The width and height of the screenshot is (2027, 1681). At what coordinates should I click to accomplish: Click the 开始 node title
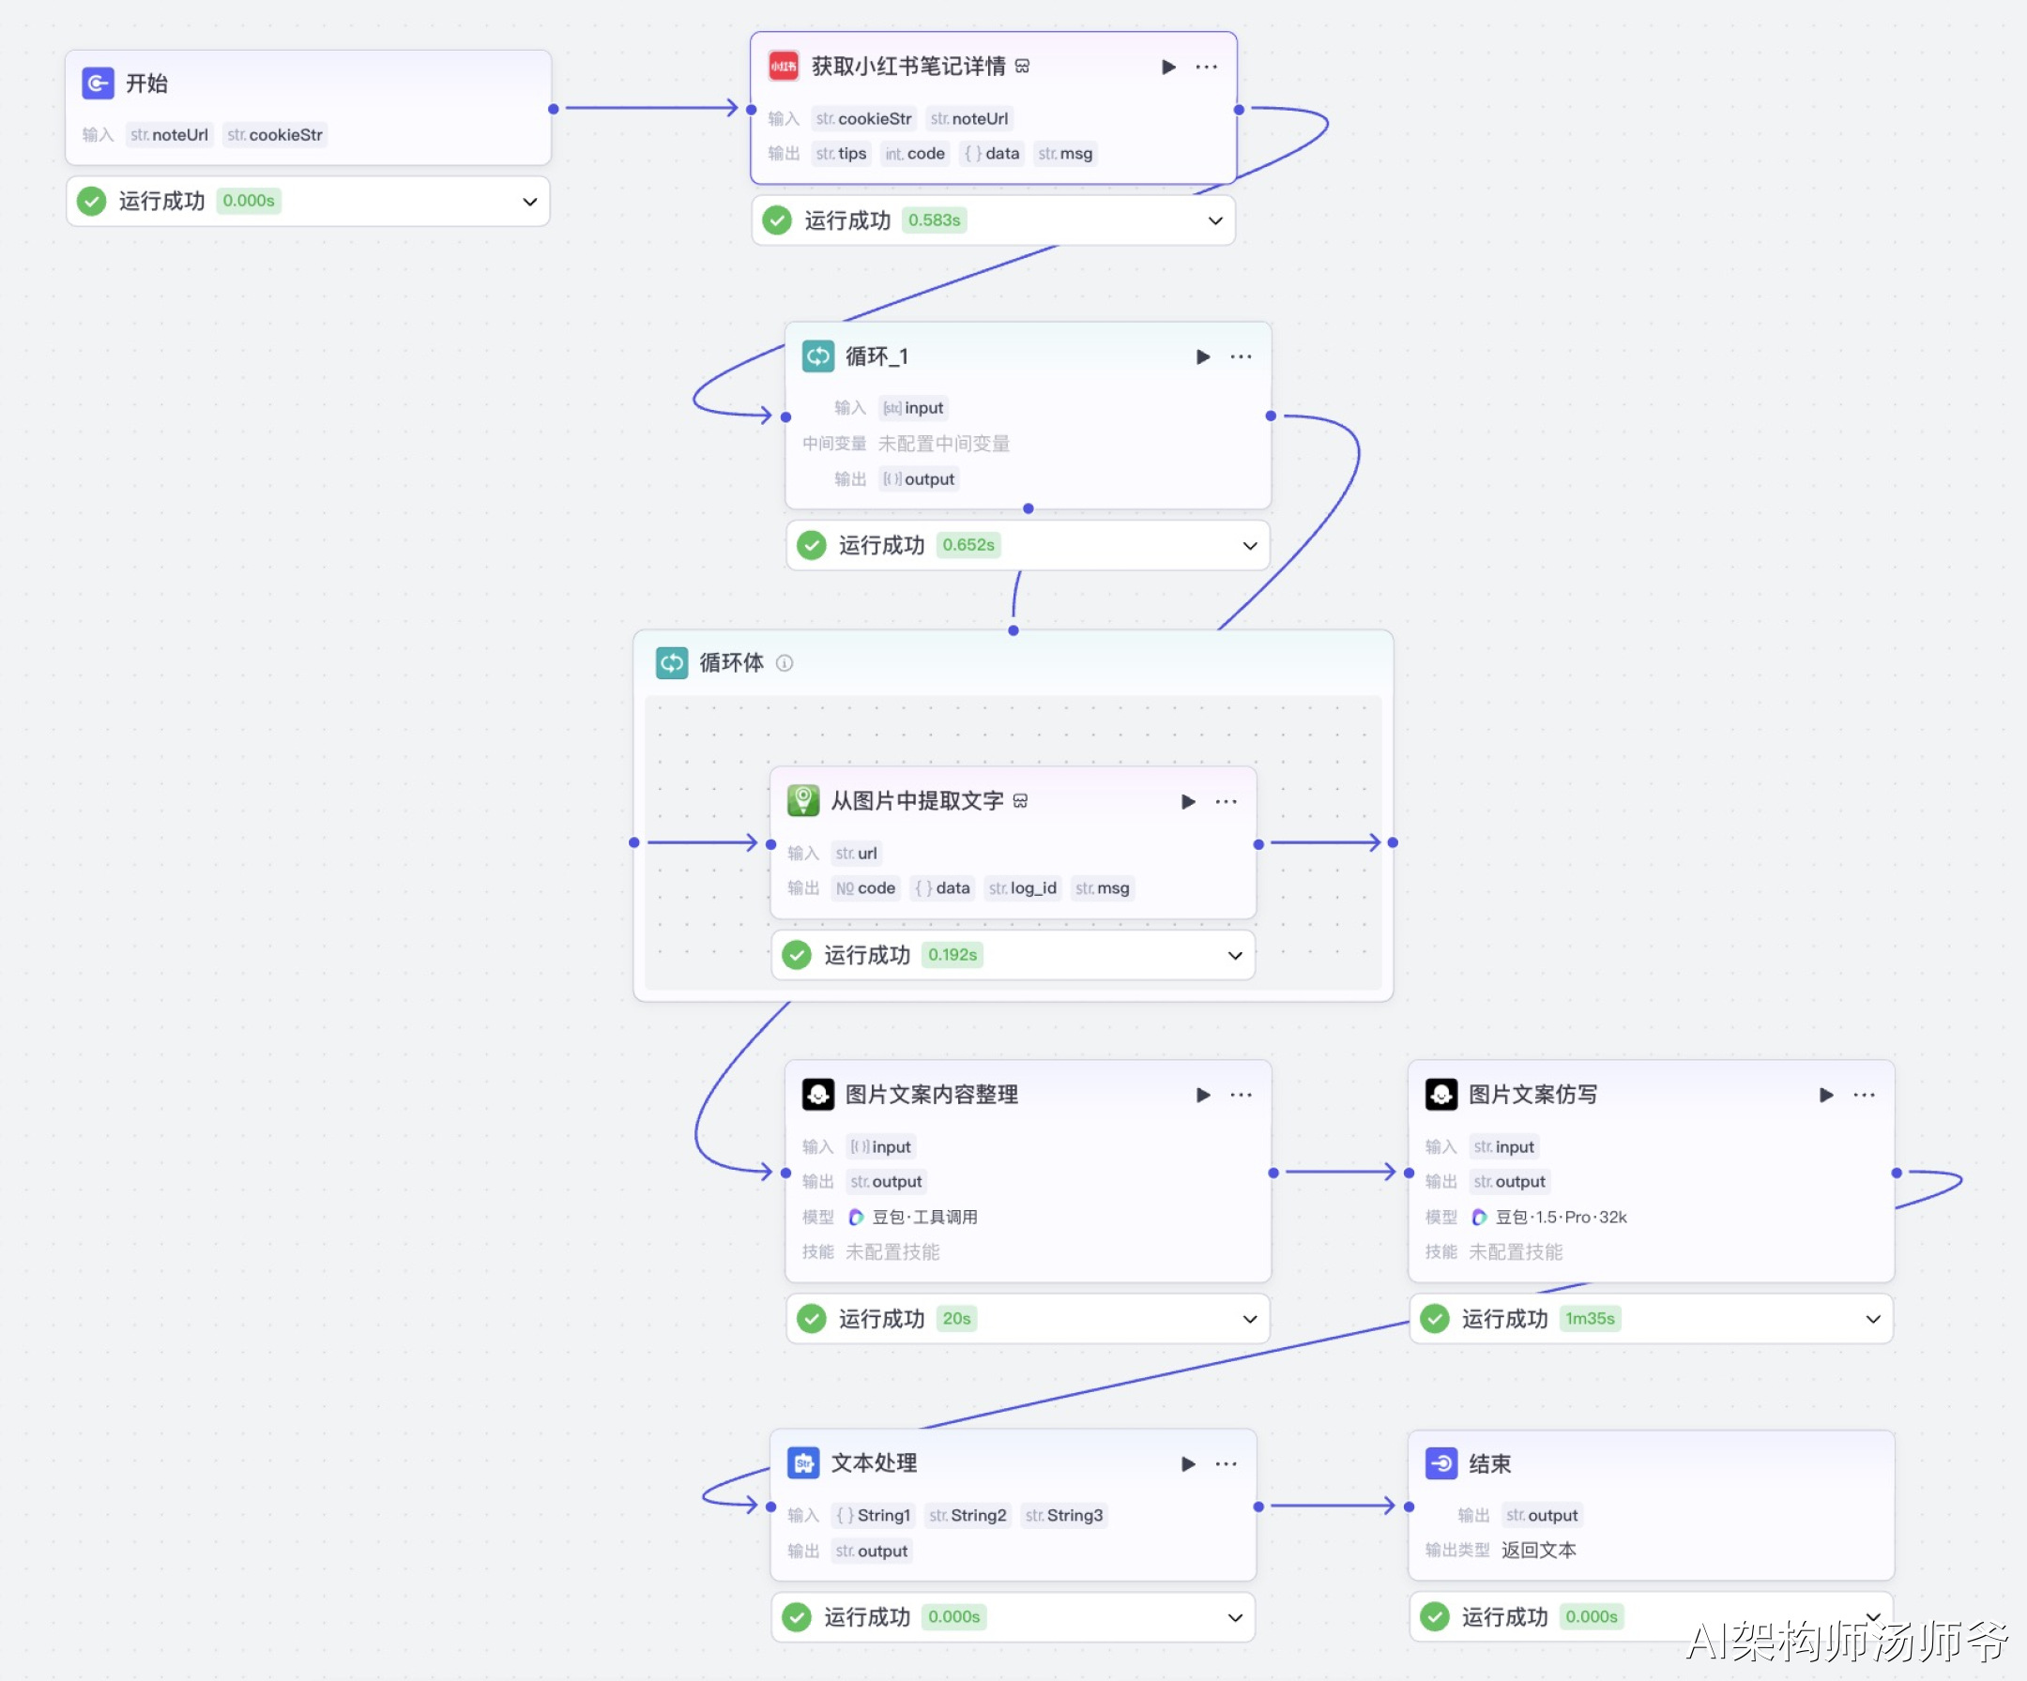146,83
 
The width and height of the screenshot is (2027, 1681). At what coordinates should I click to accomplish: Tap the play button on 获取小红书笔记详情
1168,67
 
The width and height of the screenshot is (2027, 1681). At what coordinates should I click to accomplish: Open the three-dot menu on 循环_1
1241,357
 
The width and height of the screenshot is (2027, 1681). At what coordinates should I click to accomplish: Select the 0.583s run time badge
934,221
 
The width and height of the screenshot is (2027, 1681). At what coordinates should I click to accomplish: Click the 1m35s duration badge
1589,1319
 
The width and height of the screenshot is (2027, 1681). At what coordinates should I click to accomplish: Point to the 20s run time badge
955,1319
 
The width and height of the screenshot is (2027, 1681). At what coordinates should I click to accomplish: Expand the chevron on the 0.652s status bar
1249,546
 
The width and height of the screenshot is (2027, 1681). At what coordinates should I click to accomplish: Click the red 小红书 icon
783,67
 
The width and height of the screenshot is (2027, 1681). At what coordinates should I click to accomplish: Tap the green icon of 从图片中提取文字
803,801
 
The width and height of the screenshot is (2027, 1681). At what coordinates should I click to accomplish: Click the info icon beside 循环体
785,663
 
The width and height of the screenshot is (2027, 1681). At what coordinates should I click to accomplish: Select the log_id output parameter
1023,888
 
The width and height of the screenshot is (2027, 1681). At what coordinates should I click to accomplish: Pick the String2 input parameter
968,1516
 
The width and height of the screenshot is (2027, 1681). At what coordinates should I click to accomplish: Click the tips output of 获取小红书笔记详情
842,154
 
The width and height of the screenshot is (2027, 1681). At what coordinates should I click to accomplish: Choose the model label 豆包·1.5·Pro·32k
1560,1218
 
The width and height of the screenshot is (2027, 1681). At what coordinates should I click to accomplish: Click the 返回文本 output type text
1539,1551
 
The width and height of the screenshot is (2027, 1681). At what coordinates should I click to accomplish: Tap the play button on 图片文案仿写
1825,1096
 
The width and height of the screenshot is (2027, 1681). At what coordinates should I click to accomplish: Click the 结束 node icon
1441,1464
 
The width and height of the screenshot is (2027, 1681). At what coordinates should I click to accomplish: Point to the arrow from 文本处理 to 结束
1332,1507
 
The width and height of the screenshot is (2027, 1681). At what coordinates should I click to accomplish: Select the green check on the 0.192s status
797,955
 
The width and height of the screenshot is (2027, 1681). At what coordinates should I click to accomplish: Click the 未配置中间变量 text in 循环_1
943,444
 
